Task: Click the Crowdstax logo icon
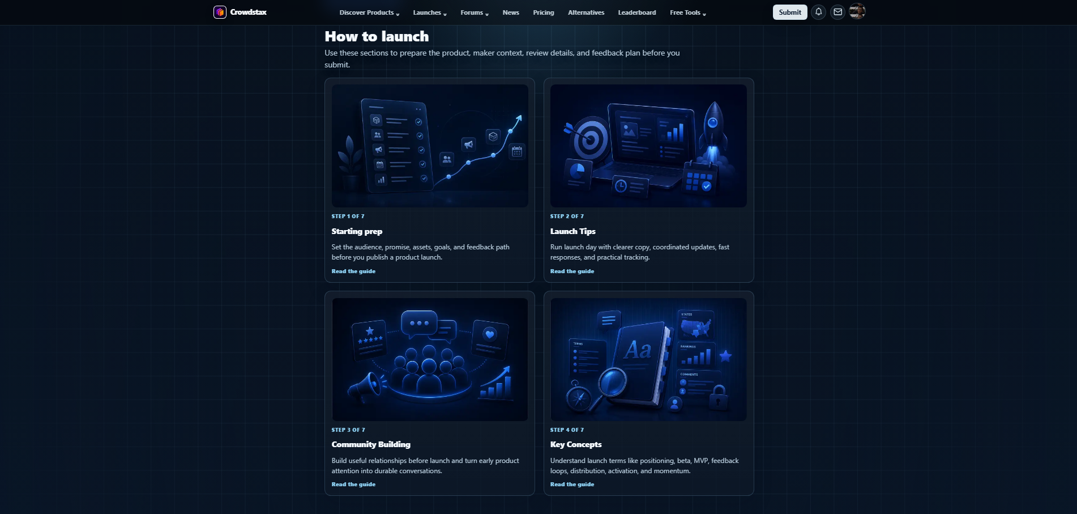220,12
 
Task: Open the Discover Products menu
369,12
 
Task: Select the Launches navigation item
430,12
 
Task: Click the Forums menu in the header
475,12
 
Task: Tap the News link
511,12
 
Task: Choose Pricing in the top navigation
544,12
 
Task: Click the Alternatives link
586,12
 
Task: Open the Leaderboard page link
637,12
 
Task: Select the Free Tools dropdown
688,12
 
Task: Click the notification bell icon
818,12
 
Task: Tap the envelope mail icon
837,12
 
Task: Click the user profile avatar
857,11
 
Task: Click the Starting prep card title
357,231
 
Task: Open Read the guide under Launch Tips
572,271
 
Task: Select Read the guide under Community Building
353,485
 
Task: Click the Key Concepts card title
576,444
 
